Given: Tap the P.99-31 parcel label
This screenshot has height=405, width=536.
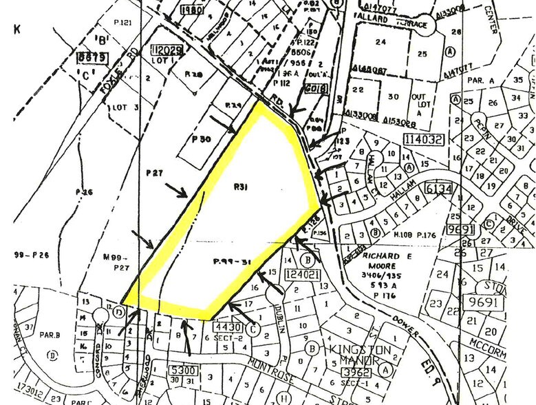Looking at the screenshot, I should [229, 262].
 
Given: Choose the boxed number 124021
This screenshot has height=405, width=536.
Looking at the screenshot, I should [301, 275].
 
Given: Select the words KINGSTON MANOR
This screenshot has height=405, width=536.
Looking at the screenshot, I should [359, 355].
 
